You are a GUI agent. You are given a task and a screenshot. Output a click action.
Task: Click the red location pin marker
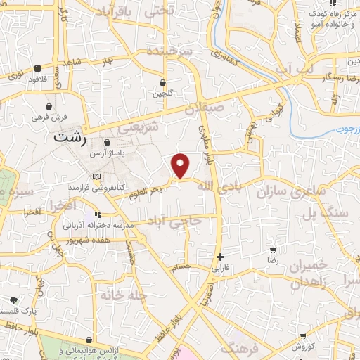point(181,166)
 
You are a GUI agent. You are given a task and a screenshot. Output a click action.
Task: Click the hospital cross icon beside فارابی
point(220,257)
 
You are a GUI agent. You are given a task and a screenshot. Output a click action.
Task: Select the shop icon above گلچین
point(162,82)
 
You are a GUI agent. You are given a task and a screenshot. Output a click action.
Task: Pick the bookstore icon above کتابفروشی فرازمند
point(96,176)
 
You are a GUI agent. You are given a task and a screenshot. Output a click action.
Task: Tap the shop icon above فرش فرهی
point(47,106)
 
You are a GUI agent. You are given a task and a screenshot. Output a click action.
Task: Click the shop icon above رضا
point(273,250)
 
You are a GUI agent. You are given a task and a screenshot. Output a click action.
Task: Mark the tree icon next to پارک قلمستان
point(14,300)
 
